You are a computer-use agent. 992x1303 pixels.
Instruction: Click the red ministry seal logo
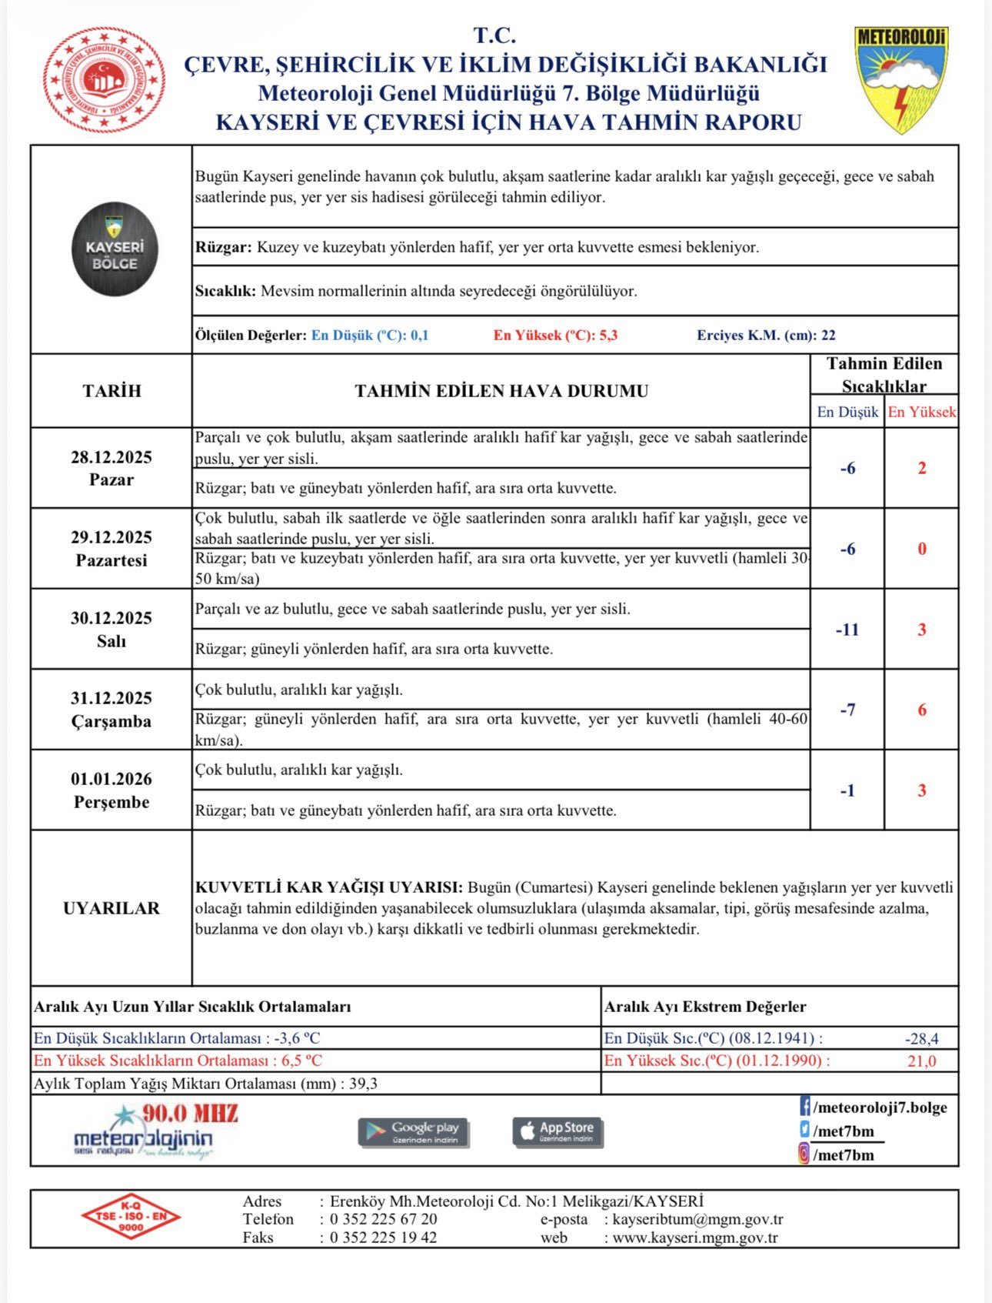pos(105,80)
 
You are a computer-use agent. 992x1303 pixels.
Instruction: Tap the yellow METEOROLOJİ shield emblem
pos(900,79)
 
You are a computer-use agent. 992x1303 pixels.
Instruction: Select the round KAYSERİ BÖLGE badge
pos(115,249)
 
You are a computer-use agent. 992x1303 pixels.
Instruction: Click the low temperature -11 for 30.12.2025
pos(847,630)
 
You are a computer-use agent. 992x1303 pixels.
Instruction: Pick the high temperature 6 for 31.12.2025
pos(922,710)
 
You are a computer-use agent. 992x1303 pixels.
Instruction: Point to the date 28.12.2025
pos(112,457)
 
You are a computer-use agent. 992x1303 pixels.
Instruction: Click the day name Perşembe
pos(112,802)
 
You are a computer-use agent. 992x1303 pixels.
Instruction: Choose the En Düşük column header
pos(847,412)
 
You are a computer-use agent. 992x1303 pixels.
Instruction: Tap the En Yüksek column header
pos(922,412)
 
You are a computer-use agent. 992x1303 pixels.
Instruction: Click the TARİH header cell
pos(112,391)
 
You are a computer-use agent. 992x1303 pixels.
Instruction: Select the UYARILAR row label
pos(112,908)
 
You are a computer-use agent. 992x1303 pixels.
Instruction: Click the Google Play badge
pos(414,1132)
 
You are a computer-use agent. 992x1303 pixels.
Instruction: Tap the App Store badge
pos(558,1131)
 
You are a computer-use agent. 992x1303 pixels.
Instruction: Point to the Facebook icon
pos(804,1108)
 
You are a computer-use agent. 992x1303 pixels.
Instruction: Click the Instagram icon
pos(804,1154)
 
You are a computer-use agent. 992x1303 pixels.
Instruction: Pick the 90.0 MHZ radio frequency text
pos(190,1114)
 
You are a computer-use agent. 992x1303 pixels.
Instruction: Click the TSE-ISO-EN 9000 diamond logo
pos(131,1217)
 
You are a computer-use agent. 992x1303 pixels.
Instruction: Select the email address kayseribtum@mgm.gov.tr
pos(697,1219)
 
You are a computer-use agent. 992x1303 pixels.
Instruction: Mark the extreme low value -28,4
pos(921,1038)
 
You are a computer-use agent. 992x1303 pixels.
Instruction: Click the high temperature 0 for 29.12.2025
pos(922,549)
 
